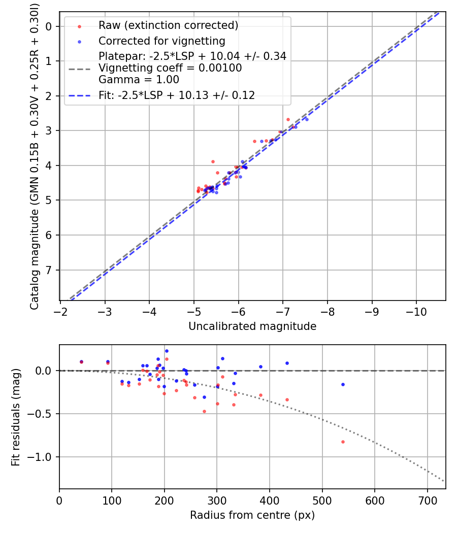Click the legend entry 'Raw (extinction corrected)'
168,25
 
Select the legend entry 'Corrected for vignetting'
161,41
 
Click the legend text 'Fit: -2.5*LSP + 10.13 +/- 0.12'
177,95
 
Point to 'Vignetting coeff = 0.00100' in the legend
170,68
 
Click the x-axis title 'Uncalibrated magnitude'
252,326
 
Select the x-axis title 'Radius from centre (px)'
252,515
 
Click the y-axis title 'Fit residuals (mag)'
16,417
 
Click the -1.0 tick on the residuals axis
42,457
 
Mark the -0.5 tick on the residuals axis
42,414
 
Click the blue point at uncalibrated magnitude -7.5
307,119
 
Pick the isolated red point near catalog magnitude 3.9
213,161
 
